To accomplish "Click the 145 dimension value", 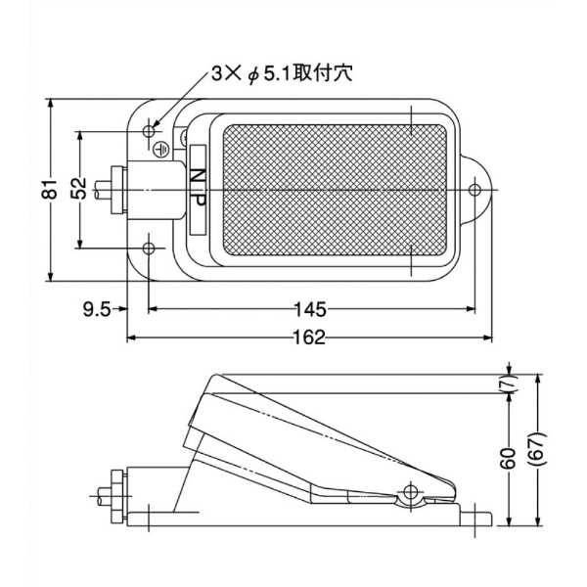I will click(x=309, y=310).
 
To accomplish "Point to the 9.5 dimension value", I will click(x=96, y=310).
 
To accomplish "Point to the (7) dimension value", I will click(x=509, y=383).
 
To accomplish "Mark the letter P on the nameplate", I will click(x=197, y=199).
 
